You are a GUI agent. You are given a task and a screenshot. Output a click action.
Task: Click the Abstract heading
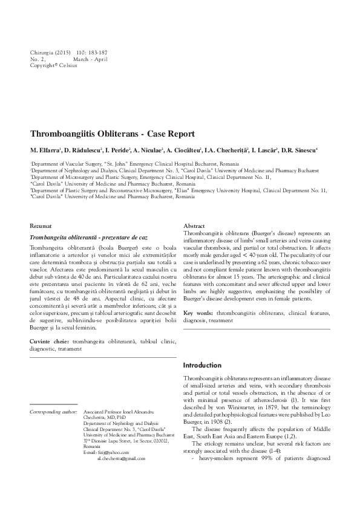pyautogui.click(x=194, y=225)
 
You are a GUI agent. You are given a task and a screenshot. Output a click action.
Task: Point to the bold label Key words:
pyautogui.click(x=198, y=313)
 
